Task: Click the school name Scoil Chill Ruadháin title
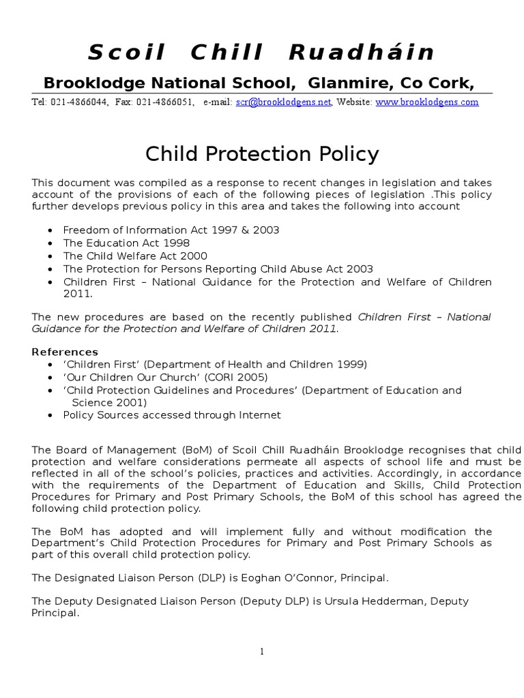click(262, 52)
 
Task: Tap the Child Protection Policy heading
click(262, 154)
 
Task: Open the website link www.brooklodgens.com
click(427, 102)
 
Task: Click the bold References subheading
click(65, 352)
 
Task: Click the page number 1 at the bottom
click(261, 652)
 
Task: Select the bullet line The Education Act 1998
click(126, 243)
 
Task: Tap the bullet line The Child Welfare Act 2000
click(136, 256)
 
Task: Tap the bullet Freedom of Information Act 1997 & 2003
click(171, 230)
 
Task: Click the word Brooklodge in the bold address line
click(87, 82)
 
